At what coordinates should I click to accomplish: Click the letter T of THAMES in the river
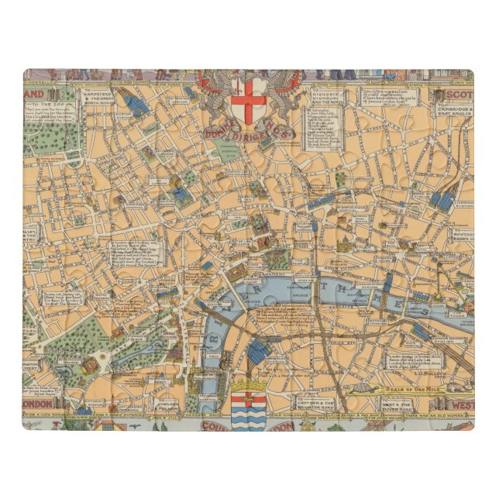[326, 292]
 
